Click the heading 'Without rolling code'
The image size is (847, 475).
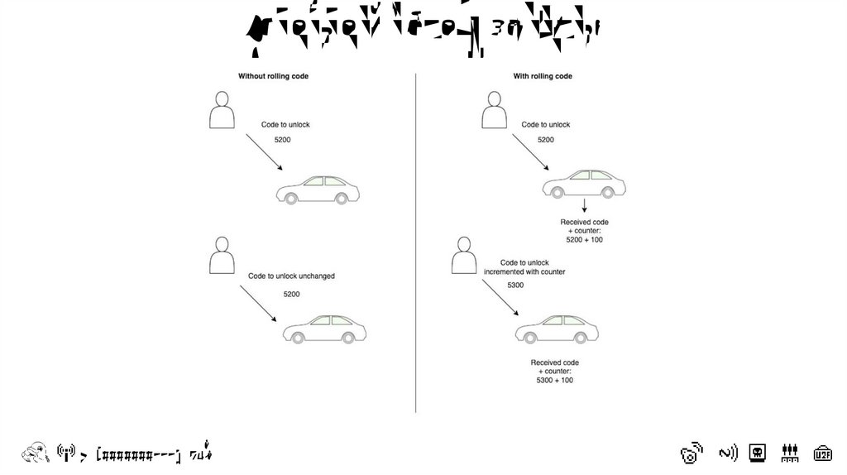pyautogui.click(x=273, y=76)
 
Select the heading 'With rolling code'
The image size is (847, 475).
pyautogui.click(x=543, y=76)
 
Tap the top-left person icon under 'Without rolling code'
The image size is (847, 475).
pyautogui.click(x=222, y=110)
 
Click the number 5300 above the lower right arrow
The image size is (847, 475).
pyautogui.click(x=515, y=285)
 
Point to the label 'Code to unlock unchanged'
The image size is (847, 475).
pyautogui.click(x=291, y=276)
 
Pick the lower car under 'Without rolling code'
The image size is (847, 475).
pyautogui.click(x=324, y=329)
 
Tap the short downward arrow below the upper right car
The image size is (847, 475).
pyautogui.click(x=585, y=206)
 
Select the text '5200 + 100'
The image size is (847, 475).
pyautogui.click(x=584, y=239)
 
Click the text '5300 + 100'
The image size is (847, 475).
pyautogui.click(x=554, y=380)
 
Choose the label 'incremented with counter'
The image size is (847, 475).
pyautogui.click(x=524, y=271)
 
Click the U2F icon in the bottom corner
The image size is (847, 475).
pyautogui.click(x=822, y=453)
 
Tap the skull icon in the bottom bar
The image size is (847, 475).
pyautogui.click(x=757, y=453)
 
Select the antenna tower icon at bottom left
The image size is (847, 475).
pyautogui.click(x=65, y=453)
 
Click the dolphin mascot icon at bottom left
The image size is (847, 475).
pyautogui.click(x=35, y=452)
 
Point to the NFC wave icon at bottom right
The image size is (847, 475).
pyautogui.click(x=727, y=453)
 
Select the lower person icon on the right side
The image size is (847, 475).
pyautogui.click(x=464, y=256)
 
